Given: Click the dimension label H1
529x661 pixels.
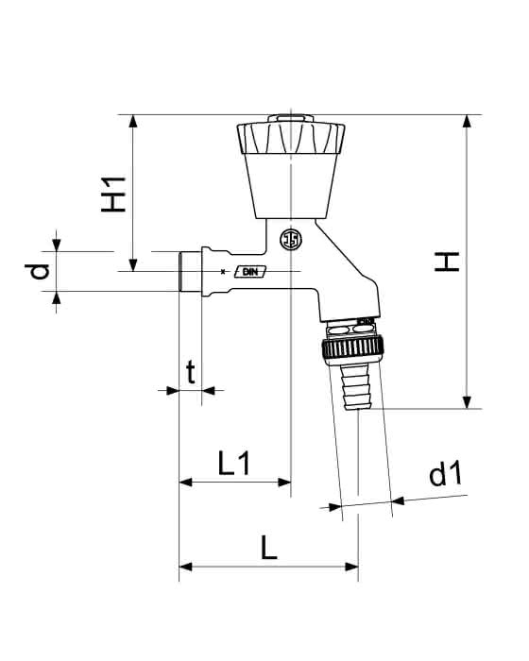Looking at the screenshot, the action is pos(114,195).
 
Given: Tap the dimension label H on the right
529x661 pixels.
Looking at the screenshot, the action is pos(447,262).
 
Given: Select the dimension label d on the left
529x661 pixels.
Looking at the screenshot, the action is pos(37,272).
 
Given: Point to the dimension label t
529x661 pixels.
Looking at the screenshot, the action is pos(191,372).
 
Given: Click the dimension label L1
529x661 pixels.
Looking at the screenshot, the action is pos(234,463).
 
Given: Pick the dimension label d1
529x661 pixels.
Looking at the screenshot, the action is pos(446,474).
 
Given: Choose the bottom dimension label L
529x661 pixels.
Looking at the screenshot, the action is pos(268,547).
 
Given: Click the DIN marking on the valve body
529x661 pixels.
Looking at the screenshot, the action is pos(250,272).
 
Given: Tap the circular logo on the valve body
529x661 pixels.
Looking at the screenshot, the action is pos(291,240).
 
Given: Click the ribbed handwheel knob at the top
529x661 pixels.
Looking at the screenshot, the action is pos(291,138).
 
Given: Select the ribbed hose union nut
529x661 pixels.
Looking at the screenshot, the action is pos(353,347).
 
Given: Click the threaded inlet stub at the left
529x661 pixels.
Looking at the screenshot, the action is pos(190,272).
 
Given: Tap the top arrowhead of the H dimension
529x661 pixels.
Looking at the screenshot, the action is pos(467,121).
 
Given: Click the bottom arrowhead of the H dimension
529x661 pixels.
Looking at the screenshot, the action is pos(467,402).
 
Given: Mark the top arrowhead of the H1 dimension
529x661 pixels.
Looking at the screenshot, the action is pos(133,121).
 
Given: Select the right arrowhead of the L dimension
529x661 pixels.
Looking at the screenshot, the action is pos(351,567).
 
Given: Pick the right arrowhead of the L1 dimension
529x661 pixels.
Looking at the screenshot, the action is pos(284,482).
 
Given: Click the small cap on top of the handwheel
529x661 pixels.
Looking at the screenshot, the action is pos(291,118).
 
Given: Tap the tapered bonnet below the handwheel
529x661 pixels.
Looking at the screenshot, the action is pos(291,186).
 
